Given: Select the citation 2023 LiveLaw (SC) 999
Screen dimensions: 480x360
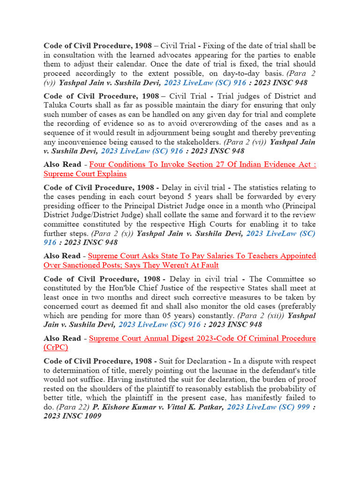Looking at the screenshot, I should (268, 407).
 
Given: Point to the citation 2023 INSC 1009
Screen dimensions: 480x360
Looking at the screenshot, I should (72, 416).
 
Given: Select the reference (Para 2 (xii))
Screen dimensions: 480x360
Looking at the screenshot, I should (260, 315).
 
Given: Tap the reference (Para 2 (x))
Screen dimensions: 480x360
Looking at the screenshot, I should (112, 233).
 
